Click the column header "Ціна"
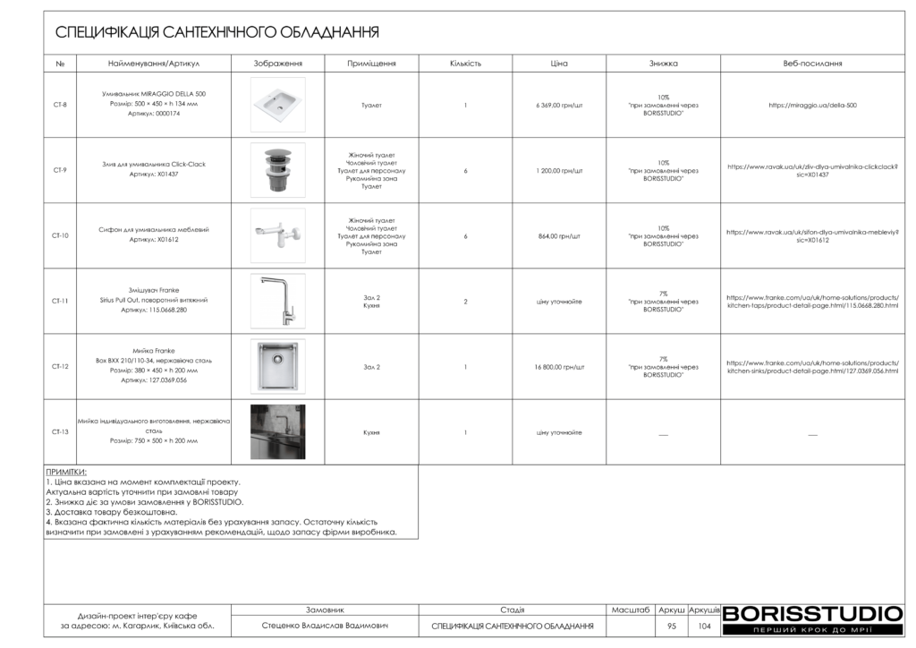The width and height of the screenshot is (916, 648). pos(559,64)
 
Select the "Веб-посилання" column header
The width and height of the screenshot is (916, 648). pos(812,64)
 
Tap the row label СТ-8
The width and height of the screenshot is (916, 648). pos(60,105)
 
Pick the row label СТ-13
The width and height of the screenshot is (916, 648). pos(60,432)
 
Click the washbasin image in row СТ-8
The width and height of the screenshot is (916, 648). pos(277,105)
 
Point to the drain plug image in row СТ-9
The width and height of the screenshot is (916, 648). pos(277,170)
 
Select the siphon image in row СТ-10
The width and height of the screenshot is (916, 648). pos(277,235)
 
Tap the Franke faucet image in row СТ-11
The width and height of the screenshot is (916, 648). pos(277,301)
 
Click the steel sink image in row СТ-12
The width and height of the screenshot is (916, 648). pos(277,367)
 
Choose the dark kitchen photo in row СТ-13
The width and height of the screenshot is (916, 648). pos(277,432)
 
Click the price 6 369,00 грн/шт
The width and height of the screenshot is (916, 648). pos(559,105)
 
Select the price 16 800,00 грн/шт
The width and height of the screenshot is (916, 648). pos(559,367)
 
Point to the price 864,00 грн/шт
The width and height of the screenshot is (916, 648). pos(559,236)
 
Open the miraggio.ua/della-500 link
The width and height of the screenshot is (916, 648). pos(812,105)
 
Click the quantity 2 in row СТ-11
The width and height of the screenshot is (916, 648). pos(465,302)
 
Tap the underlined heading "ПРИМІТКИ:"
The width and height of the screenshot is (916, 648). pos(66,472)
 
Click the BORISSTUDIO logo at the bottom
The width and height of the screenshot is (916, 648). pos(812,614)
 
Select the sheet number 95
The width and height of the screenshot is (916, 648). pos(672,627)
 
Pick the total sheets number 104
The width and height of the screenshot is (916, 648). pos(704,627)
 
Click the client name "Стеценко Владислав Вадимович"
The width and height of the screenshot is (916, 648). pos(325,627)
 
